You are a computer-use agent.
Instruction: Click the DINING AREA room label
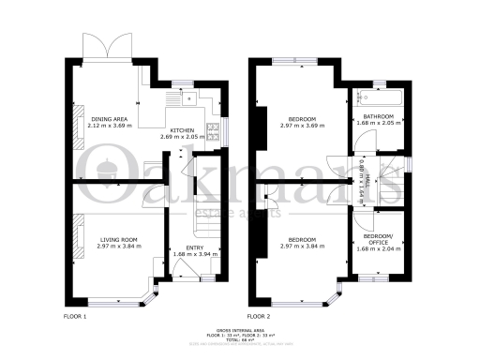(x=108, y=119)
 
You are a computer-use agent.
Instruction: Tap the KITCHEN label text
(x=182, y=131)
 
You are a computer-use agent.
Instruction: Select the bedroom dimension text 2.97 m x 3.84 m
(x=302, y=246)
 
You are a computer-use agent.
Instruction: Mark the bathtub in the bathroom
(x=379, y=97)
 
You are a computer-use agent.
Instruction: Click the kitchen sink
(x=177, y=97)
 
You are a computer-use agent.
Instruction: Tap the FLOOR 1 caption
(x=74, y=316)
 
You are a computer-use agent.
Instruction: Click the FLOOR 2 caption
(x=258, y=316)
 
